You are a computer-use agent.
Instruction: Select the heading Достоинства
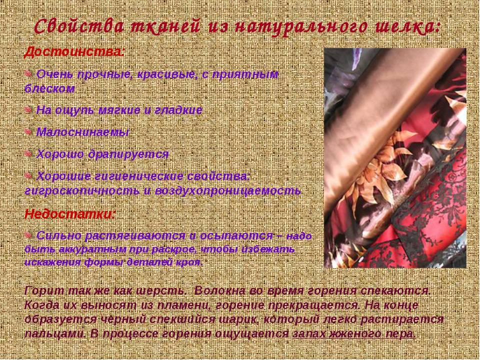point(73,51)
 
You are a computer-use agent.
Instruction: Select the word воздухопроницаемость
point(230,191)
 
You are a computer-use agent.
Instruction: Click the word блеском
point(49,89)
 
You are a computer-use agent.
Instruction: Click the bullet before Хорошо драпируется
point(29,153)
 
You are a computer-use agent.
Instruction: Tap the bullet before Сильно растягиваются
point(29,235)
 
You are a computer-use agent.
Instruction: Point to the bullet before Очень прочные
point(29,74)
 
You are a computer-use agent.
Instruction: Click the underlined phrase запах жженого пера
point(354,333)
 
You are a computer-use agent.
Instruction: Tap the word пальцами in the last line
point(48,333)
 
